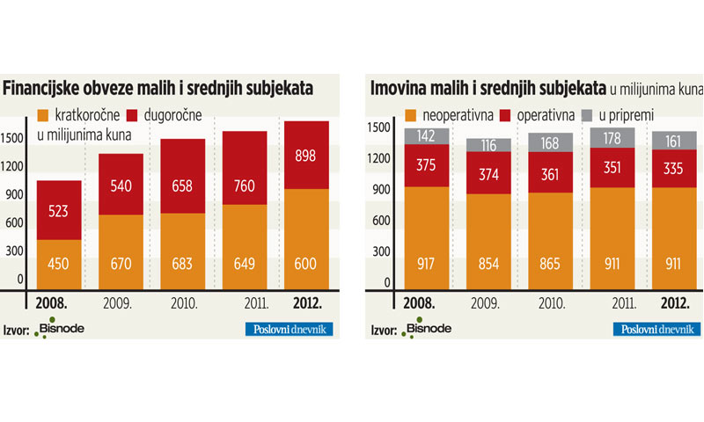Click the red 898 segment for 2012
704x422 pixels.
click(306, 155)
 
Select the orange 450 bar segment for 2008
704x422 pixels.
click(59, 265)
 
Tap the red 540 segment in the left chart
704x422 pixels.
click(121, 184)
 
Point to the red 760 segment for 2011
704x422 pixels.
click(245, 168)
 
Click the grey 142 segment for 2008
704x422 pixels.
click(427, 135)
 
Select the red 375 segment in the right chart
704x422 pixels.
click(427, 165)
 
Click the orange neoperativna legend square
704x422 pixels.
click(411, 115)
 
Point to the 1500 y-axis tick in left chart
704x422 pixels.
click(13, 137)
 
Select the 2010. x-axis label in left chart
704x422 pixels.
click(183, 305)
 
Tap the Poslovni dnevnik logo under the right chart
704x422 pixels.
click(657, 330)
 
